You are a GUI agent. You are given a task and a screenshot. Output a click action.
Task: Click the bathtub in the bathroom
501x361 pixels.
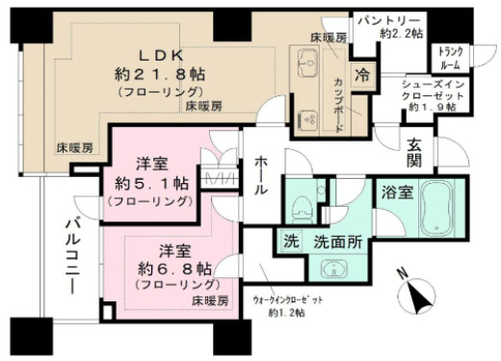coord(439,209)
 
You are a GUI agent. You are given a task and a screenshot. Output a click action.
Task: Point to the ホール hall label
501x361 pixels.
coord(261,178)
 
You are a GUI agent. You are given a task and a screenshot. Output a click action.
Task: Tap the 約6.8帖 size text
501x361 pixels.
coord(164,266)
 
